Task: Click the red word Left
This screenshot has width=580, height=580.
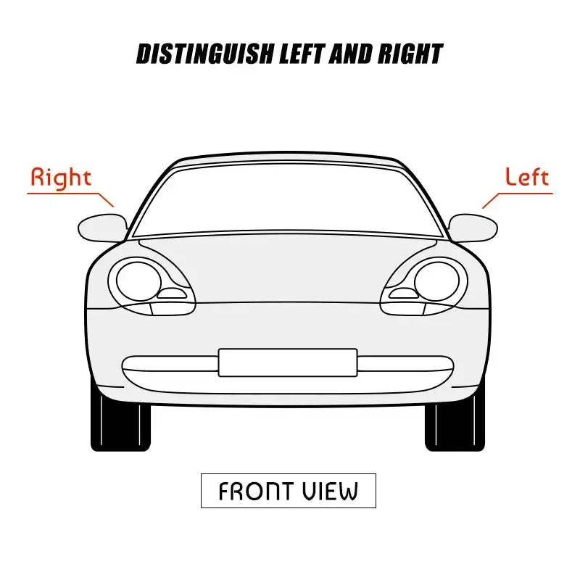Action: point(527,176)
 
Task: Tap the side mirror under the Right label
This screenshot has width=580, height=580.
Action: point(102,228)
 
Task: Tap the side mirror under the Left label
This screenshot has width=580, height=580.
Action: point(473,228)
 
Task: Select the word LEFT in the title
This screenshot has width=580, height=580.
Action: point(302,54)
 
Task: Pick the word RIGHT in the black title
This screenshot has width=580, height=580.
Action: point(410,54)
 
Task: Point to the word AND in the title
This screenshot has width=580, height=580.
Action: point(351,54)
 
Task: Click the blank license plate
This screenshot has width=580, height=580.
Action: point(288,362)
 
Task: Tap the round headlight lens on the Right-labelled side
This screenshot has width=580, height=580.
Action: point(138,282)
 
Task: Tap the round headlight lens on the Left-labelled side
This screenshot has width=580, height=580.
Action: point(437,282)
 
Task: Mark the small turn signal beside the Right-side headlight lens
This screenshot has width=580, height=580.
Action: point(172,294)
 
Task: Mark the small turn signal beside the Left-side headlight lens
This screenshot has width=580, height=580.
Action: point(404,294)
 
